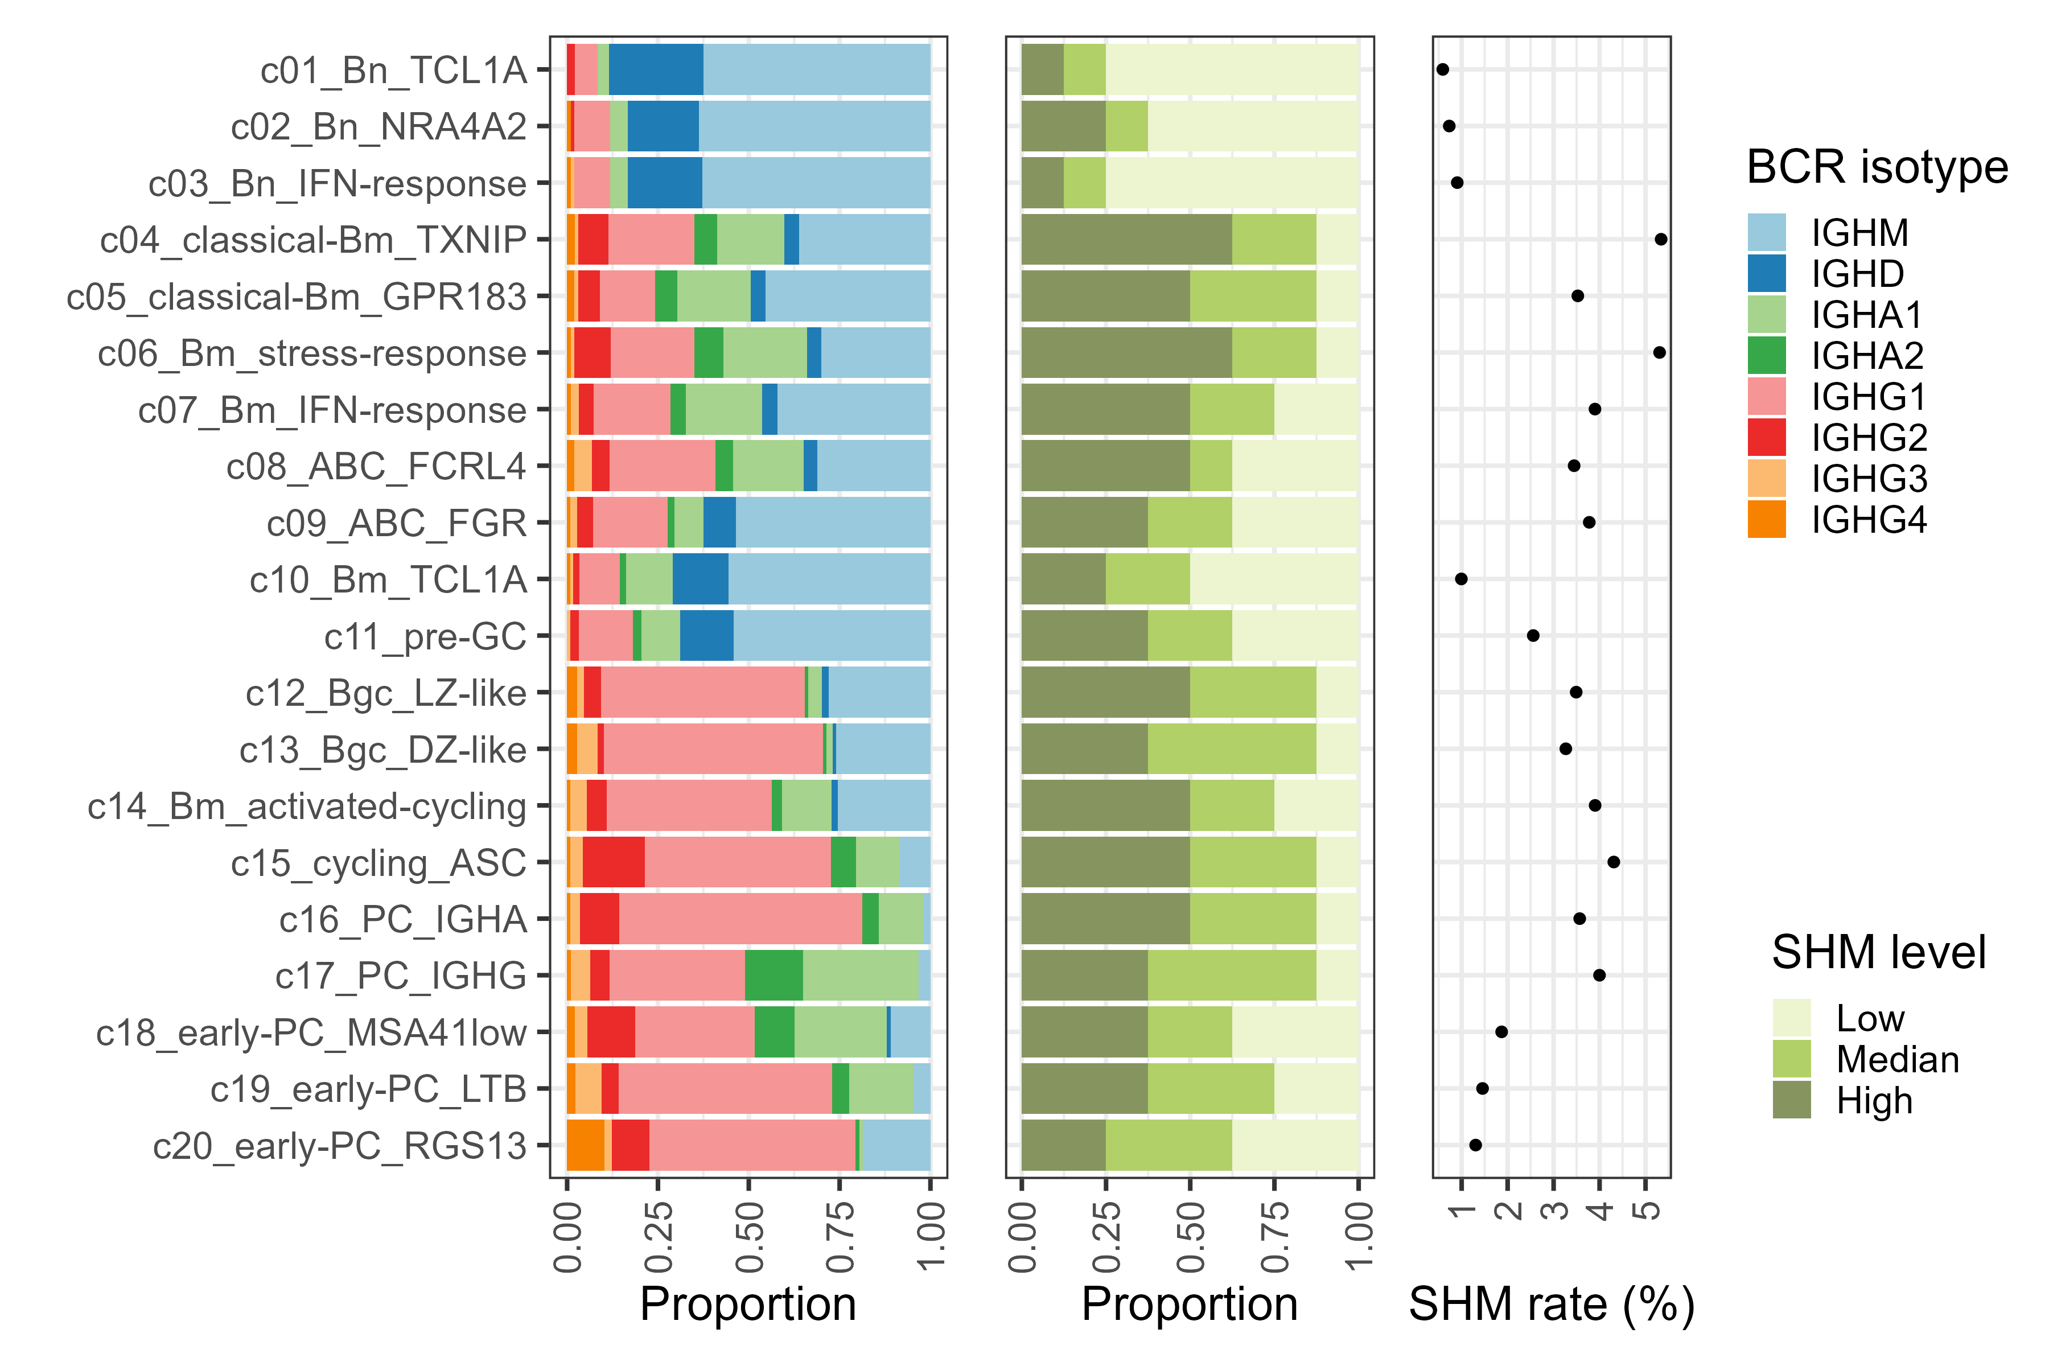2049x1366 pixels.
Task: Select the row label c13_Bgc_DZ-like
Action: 382,749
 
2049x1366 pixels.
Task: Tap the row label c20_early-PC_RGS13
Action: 340,1146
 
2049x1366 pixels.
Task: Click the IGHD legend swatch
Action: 1766,274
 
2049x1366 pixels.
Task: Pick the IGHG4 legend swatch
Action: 1766,519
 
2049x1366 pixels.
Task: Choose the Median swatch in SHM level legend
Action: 1791,1059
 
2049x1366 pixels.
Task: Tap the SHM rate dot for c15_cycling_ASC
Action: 1614,862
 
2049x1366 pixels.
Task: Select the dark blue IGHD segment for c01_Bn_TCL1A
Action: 656,69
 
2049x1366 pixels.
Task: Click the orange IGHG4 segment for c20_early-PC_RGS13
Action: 586,1146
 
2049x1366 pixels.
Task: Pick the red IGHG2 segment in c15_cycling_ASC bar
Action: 614,862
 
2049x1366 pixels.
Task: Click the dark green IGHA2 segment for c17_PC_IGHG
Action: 773,976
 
